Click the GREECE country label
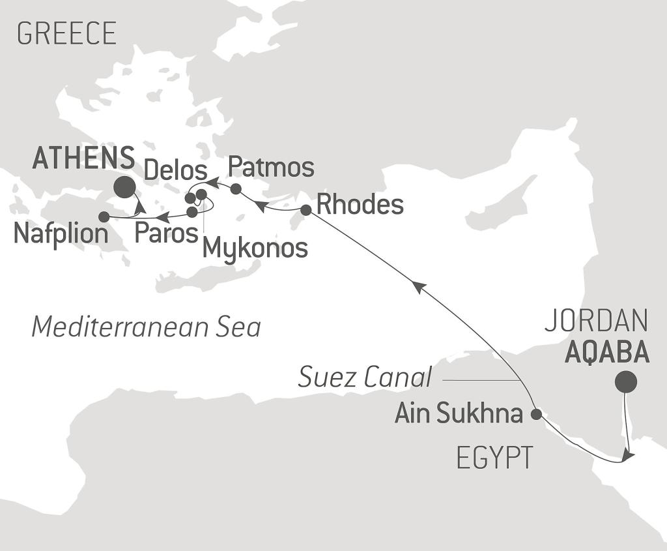pos(66,33)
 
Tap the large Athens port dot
pos(124,188)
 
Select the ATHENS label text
pos(83,158)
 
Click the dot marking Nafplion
pos(104,216)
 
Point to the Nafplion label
pos(61,234)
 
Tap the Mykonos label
pos(255,248)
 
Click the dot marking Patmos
pos(236,189)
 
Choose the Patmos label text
pos(271,168)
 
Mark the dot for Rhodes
pos(305,209)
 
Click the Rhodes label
pos(360,205)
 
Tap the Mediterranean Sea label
pos(146,327)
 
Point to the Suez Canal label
pos(365,377)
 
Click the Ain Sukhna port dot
pos(536,413)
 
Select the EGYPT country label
pos(494,458)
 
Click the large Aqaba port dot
pos(626,381)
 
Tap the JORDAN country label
pos(596,321)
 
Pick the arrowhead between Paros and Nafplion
pos(164,216)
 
